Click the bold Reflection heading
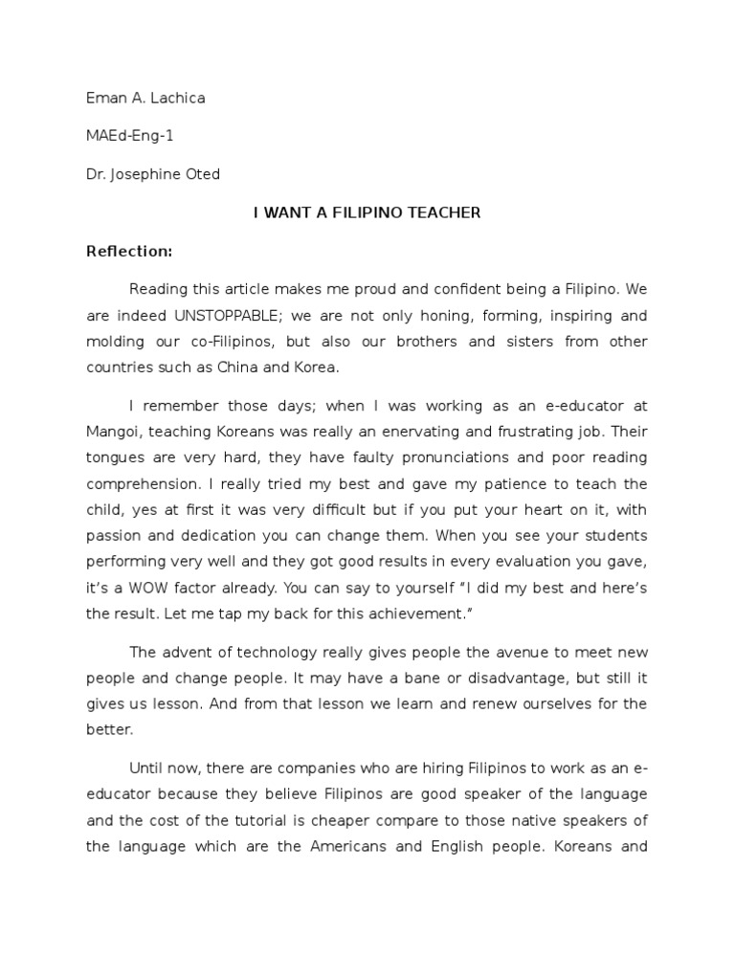(x=129, y=252)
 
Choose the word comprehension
(x=141, y=483)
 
